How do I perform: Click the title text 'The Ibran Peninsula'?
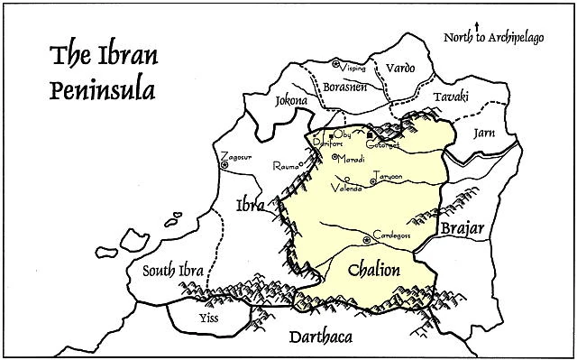tap(93, 71)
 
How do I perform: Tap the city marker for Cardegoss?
tap(365, 239)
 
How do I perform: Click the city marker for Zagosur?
tap(224, 165)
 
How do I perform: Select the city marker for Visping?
tap(335, 64)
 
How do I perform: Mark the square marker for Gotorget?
tap(370, 135)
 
